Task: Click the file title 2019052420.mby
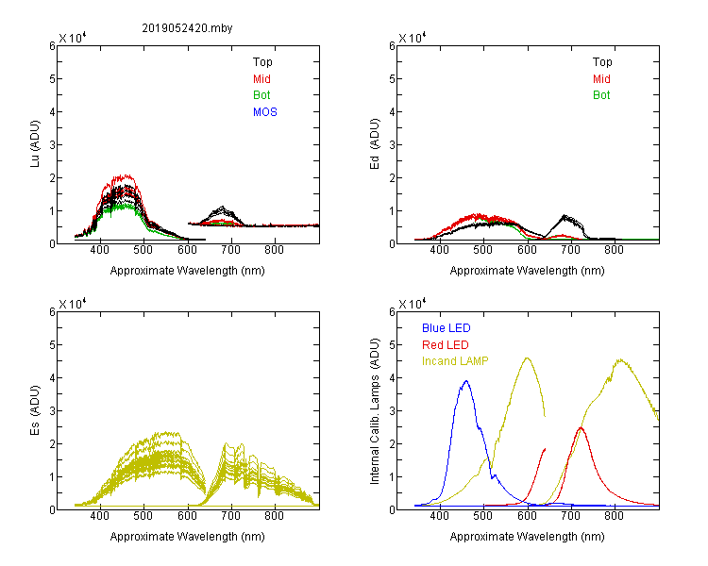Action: click(187, 28)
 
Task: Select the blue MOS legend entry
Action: click(265, 112)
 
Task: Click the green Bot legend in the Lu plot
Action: click(261, 95)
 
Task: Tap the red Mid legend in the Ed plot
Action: click(601, 79)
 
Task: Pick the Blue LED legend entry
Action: click(447, 328)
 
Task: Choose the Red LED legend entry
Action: click(446, 345)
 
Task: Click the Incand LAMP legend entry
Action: click(455, 361)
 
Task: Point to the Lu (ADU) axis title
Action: click(35, 144)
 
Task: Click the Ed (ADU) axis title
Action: click(375, 144)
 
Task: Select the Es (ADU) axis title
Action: click(35, 410)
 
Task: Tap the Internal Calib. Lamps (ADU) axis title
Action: click(375, 411)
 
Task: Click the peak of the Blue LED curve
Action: click(466, 381)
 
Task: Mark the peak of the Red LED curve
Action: click(581, 427)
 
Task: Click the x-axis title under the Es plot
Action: click(188, 537)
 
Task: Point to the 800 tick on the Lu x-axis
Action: click(275, 251)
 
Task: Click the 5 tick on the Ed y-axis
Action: click(393, 78)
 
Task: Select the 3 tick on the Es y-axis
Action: click(52, 410)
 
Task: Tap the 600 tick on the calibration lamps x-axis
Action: click(527, 516)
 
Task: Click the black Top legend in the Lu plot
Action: click(262, 62)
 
